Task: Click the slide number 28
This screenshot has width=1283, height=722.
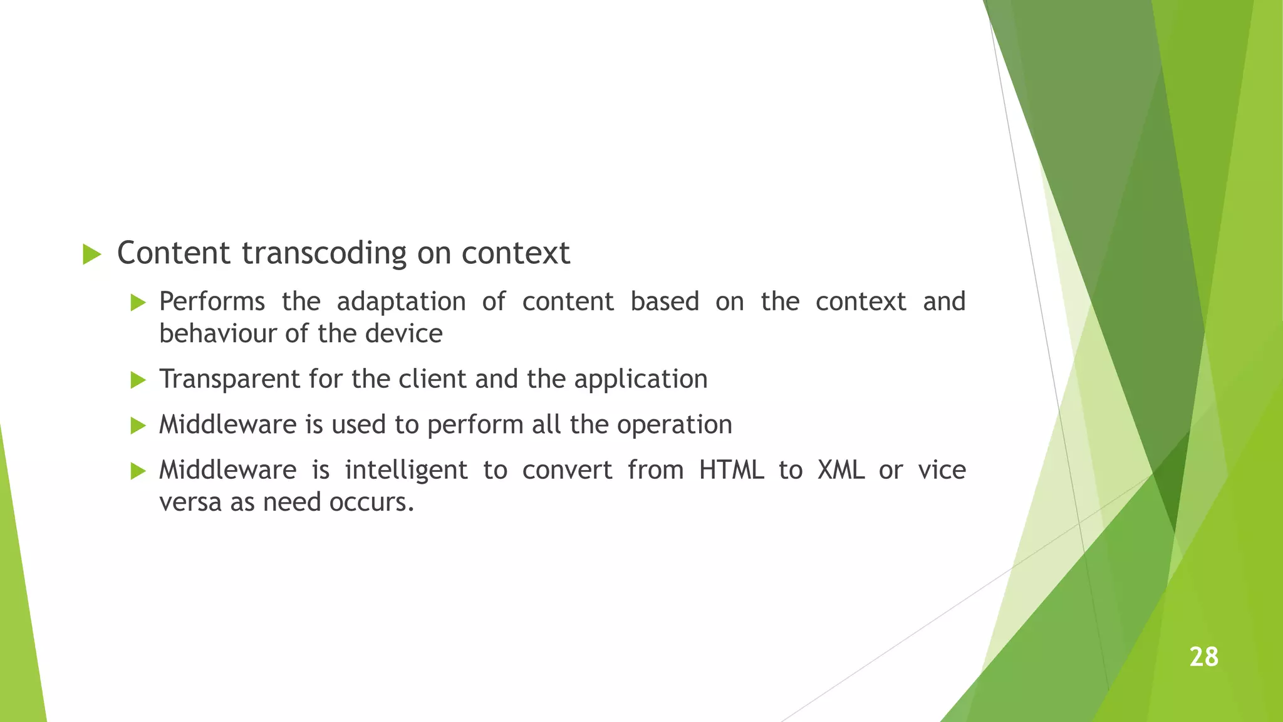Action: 1203,657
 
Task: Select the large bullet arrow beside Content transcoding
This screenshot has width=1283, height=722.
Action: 91,254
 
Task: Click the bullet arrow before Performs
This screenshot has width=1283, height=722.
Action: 138,303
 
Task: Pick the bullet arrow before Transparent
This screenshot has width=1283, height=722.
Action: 138,380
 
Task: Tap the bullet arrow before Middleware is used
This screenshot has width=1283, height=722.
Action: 138,426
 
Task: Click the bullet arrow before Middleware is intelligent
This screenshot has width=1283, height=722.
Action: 138,471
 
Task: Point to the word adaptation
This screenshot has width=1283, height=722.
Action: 401,302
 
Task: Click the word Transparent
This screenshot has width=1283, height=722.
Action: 229,380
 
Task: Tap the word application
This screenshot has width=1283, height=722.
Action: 640,380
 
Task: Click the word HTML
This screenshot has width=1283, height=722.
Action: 731,470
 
